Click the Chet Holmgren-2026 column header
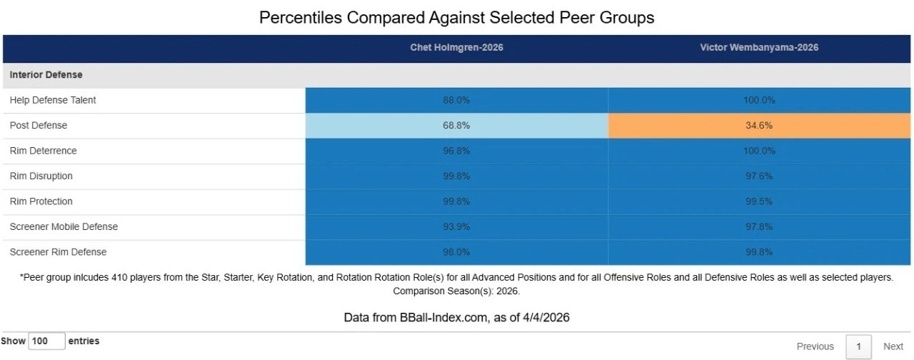click(x=456, y=48)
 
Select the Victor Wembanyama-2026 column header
click(x=759, y=48)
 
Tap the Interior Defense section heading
click(x=46, y=74)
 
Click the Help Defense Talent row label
click(x=53, y=100)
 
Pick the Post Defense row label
click(x=39, y=125)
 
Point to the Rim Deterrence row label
click(x=44, y=151)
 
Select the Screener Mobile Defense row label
click(x=64, y=226)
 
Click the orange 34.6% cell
click(x=759, y=125)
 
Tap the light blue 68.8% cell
click(x=456, y=125)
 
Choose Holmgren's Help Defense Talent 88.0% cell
click(x=456, y=100)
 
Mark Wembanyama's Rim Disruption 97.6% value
click(x=759, y=176)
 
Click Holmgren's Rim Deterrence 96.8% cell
click(x=456, y=151)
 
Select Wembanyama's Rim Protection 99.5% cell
click(x=759, y=201)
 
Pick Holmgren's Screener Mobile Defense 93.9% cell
click(x=456, y=226)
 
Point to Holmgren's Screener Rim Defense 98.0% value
click(x=456, y=252)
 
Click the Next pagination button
click(x=893, y=346)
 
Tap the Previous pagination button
click(x=815, y=346)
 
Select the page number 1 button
click(x=858, y=346)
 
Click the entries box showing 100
click(x=47, y=341)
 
